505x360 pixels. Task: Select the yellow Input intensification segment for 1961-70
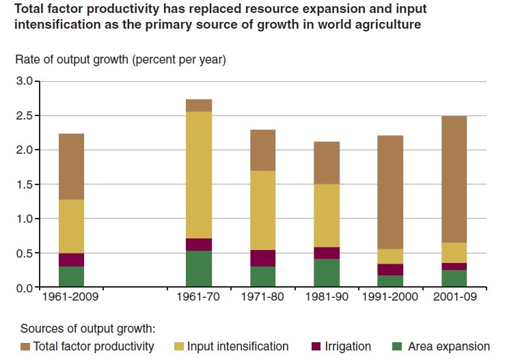click(199, 175)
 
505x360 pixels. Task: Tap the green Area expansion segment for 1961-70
click(199, 269)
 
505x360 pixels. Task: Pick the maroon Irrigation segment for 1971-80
click(262, 258)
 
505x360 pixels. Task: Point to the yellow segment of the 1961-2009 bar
click(71, 226)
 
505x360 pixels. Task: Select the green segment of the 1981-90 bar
click(326, 273)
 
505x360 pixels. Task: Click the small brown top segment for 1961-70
click(199, 105)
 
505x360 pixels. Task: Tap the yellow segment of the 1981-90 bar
click(326, 215)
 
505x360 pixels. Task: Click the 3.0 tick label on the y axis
click(24, 81)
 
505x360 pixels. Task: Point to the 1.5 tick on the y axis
click(24, 184)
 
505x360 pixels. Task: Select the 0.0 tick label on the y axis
click(24, 288)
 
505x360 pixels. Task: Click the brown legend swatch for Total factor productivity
click(26, 347)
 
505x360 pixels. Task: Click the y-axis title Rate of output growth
click(120, 59)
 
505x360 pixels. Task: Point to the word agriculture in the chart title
click(380, 25)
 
